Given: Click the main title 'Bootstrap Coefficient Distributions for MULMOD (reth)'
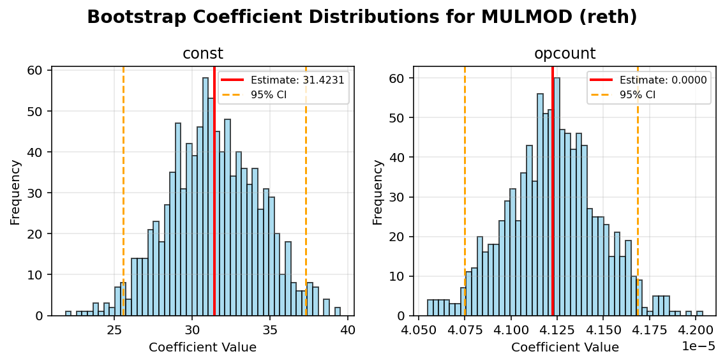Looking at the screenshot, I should pos(362,17).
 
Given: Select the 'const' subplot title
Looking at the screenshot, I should pos(203,54).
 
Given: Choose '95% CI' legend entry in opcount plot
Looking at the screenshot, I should pos(638,94).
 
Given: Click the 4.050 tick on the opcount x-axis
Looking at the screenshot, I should pos(419,332).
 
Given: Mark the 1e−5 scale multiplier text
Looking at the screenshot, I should pos(699,347).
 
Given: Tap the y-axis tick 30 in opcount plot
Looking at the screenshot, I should pos(399,197).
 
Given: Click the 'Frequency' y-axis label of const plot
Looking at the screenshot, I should pos(16,191).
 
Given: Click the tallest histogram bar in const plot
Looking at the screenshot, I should pos(206,198).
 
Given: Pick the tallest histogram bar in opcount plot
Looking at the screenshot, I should pos(557,198).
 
